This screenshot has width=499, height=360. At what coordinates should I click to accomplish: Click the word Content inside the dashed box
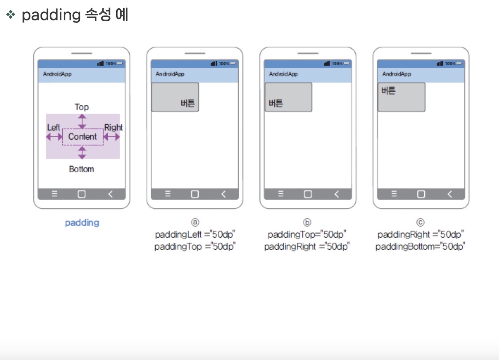(x=82, y=137)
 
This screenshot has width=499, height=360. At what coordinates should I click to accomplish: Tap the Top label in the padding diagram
(x=82, y=107)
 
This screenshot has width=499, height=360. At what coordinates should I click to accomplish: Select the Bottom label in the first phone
(x=81, y=169)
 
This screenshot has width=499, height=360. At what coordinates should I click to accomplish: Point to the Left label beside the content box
(x=53, y=127)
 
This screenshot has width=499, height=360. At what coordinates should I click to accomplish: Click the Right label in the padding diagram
(x=113, y=127)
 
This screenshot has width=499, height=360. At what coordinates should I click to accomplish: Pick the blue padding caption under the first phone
(x=82, y=223)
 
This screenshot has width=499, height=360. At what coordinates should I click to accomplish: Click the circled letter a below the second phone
(x=195, y=222)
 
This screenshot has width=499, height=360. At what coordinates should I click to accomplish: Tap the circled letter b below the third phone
(x=307, y=222)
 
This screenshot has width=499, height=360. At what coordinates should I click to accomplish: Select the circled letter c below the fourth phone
(x=420, y=222)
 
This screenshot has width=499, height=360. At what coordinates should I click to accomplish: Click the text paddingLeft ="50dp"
(x=195, y=234)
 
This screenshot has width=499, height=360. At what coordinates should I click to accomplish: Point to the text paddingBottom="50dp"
(x=420, y=246)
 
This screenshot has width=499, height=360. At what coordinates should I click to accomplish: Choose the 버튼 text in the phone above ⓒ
(x=388, y=91)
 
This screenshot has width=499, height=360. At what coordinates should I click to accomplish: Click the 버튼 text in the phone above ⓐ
(x=188, y=103)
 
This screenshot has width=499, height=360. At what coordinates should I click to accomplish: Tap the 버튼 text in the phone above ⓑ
(x=276, y=103)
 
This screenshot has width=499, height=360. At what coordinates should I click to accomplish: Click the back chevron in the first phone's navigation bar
(x=110, y=194)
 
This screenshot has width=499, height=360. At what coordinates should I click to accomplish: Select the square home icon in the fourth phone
(x=421, y=194)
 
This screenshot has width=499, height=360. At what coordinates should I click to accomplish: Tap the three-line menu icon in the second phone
(x=168, y=194)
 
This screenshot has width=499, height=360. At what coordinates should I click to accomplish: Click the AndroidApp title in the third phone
(x=283, y=74)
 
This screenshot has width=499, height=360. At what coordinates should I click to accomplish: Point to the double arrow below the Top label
(x=82, y=121)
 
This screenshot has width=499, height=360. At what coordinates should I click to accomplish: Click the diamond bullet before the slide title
(x=11, y=14)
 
